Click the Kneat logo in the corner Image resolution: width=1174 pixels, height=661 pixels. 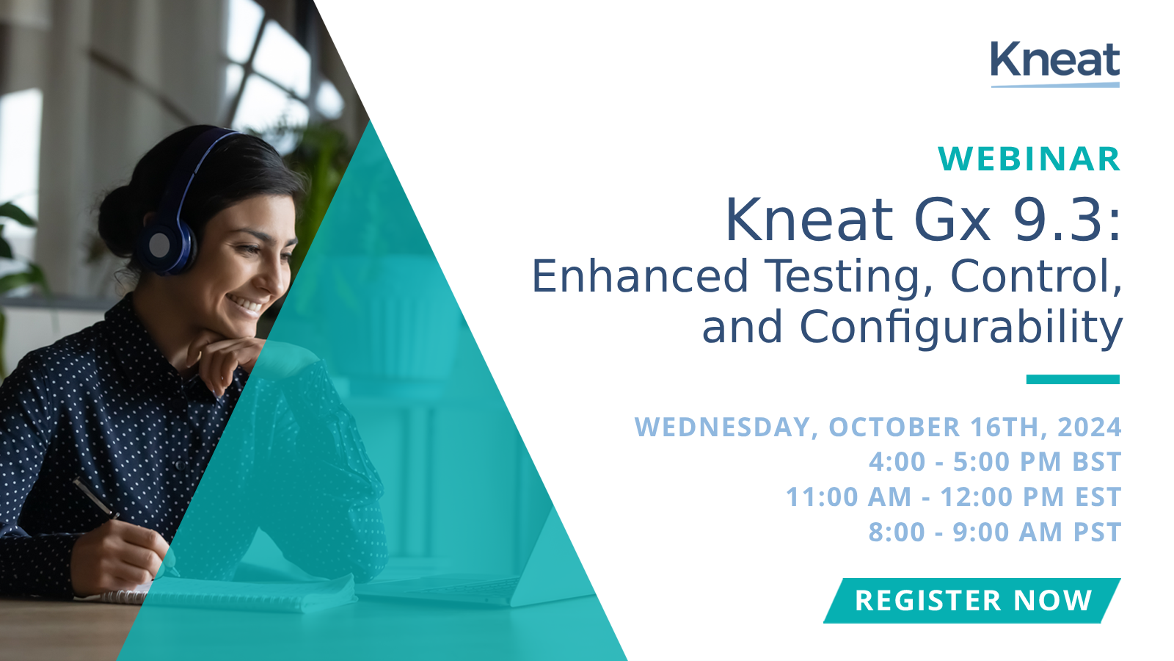tap(1054, 63)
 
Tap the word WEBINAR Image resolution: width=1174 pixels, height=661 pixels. tap(1029, 159)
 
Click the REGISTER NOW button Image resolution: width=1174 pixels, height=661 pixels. tap(972, 601)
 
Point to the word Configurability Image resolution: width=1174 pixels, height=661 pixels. tap(960, 328)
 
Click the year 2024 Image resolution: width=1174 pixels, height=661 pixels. tap(1090, 427)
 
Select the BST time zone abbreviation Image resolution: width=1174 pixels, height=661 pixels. tap(1097, 462)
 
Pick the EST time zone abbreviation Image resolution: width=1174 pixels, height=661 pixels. tap(1098, 497)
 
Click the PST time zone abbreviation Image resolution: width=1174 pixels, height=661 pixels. tap(1097, 532)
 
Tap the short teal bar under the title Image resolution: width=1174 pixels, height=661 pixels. tap(1072, 380)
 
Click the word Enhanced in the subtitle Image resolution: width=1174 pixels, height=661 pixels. tap(640, 277)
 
